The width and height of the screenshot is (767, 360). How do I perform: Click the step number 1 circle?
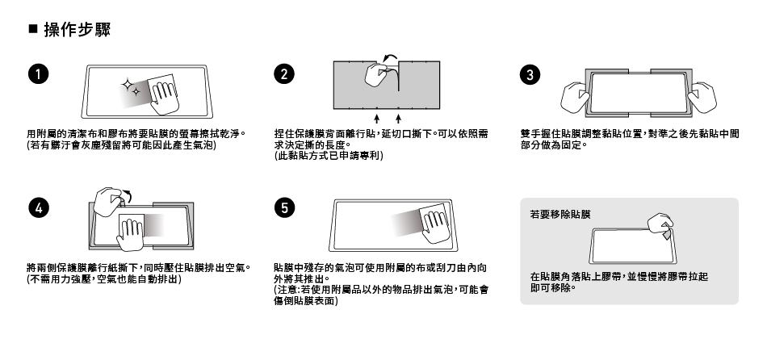pos(39,74)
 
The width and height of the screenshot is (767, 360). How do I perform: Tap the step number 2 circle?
pos(284,74)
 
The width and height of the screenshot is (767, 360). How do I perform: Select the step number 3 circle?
pos(530,74)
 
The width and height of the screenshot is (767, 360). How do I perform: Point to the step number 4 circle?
pos(39,208)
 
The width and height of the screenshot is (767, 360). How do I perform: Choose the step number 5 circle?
pos(284,208)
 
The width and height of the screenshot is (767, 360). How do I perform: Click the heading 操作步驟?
pos(78,29)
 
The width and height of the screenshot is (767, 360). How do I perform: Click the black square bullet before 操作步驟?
pos(33,28)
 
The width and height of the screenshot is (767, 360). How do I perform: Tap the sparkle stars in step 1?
pos(130,87)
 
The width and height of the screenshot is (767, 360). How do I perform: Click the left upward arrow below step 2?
pos(377,119)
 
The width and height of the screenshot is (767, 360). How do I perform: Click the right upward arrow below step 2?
pos(399,119)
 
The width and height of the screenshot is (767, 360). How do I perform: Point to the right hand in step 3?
pos(702,98)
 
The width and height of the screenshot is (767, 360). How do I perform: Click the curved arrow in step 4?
pos(128,195)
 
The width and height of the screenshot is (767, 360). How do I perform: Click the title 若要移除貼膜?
pos(560,214)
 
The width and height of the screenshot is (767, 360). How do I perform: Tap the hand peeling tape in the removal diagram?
pos(661,225)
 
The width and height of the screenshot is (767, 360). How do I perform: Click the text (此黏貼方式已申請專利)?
pos(329,156)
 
